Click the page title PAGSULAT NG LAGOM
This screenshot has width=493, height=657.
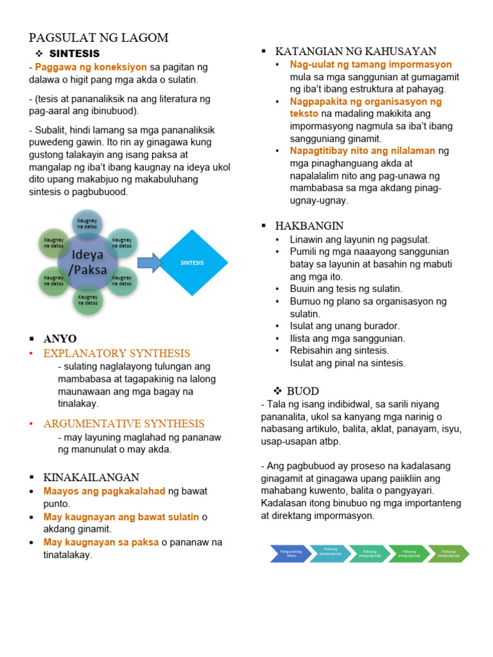[99, 38]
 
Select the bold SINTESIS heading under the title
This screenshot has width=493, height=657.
[74, 53]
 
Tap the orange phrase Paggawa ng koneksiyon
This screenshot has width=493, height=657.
[91, 67]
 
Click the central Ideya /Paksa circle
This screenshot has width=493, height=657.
[88, 262]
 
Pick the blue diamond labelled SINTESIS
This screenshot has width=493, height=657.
[193, 262]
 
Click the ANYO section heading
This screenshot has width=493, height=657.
[60, 338]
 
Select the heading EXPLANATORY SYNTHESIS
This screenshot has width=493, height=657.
[117, 353]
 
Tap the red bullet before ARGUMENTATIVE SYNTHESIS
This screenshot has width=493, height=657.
[32, 424]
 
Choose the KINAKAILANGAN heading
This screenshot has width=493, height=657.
[91, 477]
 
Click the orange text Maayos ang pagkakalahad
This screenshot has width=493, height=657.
[105, 491]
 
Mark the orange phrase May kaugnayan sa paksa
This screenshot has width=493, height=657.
[101, 542]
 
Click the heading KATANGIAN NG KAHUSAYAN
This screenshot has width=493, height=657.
[356, 51]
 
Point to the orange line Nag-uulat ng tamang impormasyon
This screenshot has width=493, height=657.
[371, 65]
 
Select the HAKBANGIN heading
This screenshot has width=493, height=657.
[309, 226]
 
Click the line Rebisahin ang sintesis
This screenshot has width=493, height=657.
[339, 350]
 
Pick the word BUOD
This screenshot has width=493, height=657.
[302, 391]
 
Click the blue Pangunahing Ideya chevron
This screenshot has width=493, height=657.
[288, 553]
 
